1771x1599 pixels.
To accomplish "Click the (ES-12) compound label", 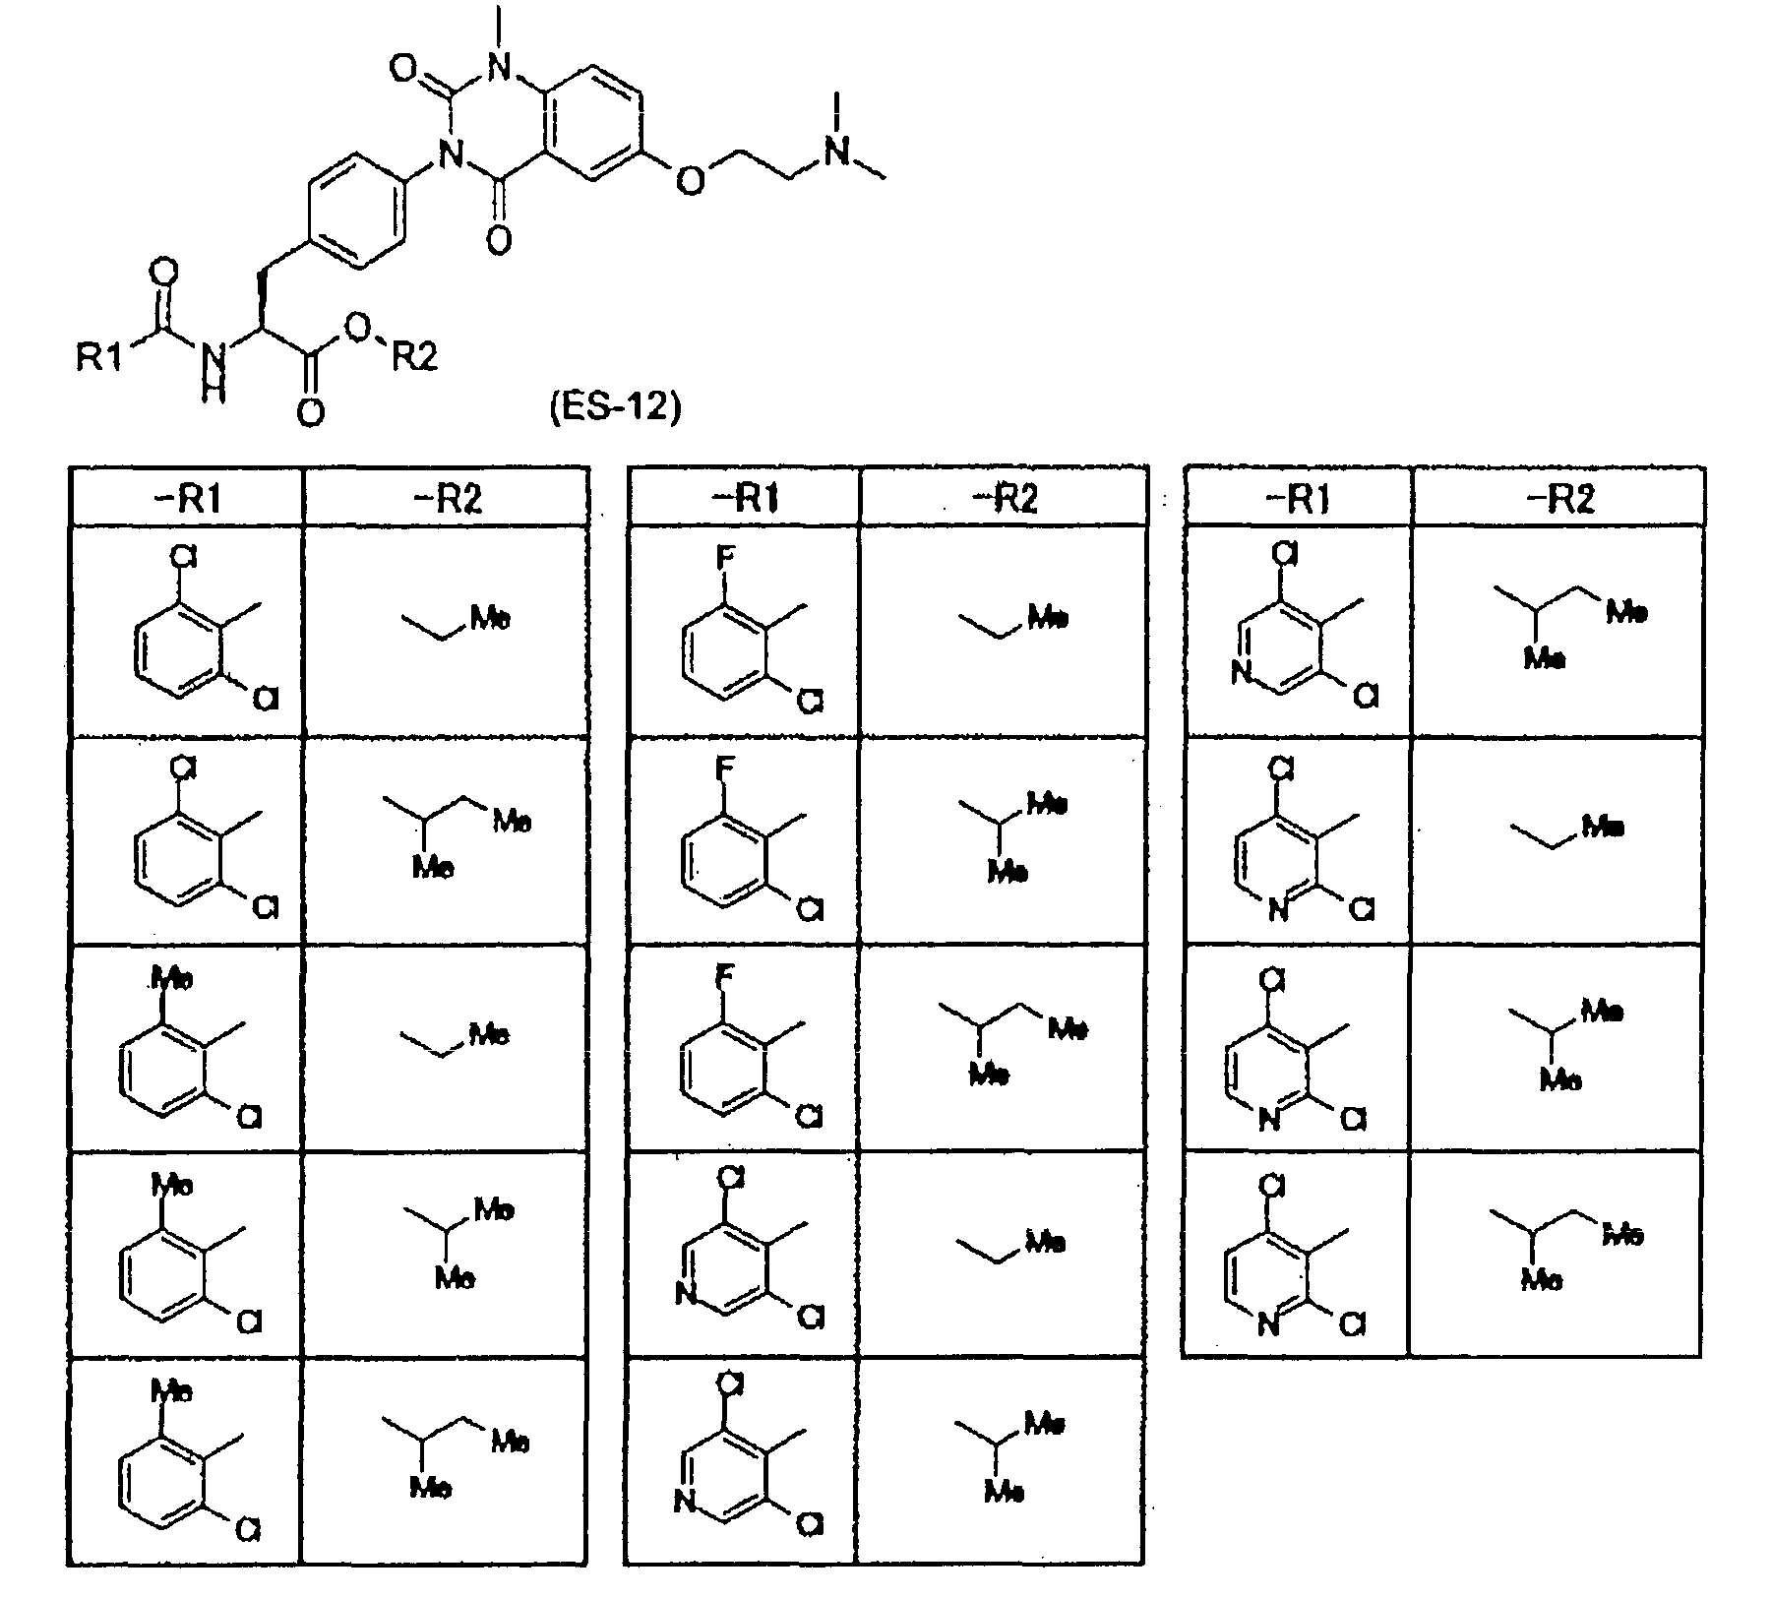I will point(614,405).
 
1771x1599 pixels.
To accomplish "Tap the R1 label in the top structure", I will point(99,357).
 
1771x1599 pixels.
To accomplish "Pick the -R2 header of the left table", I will point(447,499).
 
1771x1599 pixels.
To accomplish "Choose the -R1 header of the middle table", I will point(745,499).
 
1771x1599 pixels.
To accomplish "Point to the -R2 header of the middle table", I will point(1004,499).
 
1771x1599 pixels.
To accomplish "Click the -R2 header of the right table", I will point(1558,499).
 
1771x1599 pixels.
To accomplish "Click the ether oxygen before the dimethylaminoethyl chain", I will point(692,181).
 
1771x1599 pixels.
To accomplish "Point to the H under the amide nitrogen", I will point(214,393).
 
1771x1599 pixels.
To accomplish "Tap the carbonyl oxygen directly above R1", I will point(165,270).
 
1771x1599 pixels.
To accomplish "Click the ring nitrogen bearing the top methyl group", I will point(500,66).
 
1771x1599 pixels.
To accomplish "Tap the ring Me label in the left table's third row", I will point(172,978).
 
